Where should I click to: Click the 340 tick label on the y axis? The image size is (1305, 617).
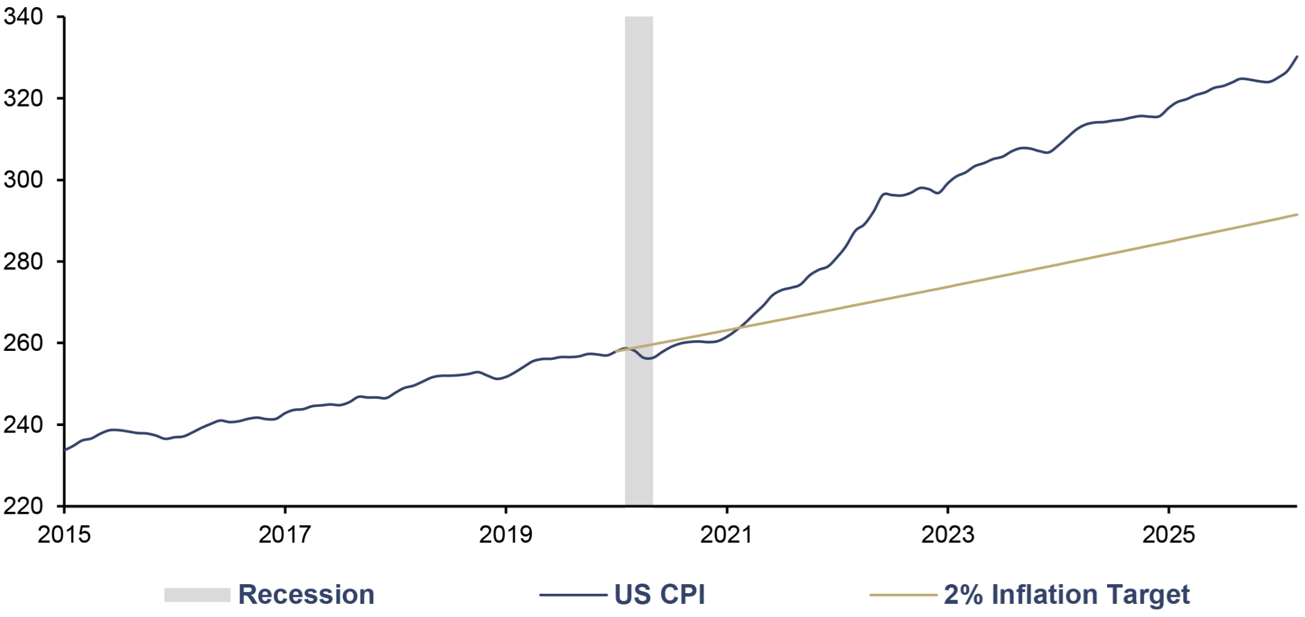click(23, 17)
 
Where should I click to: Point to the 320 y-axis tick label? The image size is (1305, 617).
click(23, 98)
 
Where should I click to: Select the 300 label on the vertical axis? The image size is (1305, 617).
click(23, 180)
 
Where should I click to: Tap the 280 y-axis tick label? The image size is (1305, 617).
click(23, 261)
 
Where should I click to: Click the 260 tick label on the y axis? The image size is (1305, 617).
click(23, 343)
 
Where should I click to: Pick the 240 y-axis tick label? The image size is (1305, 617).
click(23, 425)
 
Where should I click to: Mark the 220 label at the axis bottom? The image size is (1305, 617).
click(23, 506)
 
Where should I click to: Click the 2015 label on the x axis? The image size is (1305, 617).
click(64, 535)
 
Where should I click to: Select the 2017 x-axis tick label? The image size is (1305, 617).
click(285, 535)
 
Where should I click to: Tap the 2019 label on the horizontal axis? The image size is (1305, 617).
click(506, 535)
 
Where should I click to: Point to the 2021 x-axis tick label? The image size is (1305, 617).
click(727, 535)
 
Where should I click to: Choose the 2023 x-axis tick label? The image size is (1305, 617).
click(947, 535)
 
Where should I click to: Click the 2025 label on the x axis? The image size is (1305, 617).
click(1168, 535)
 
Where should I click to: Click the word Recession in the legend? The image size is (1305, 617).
click(306, 595)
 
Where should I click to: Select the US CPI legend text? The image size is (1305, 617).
click(660, 595)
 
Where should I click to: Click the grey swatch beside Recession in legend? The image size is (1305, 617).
click(198, 595)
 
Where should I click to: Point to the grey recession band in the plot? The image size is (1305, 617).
click(639, 261)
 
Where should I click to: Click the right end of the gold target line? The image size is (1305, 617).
click(1297, 214)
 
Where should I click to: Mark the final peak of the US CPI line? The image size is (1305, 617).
click(1297, 57)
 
